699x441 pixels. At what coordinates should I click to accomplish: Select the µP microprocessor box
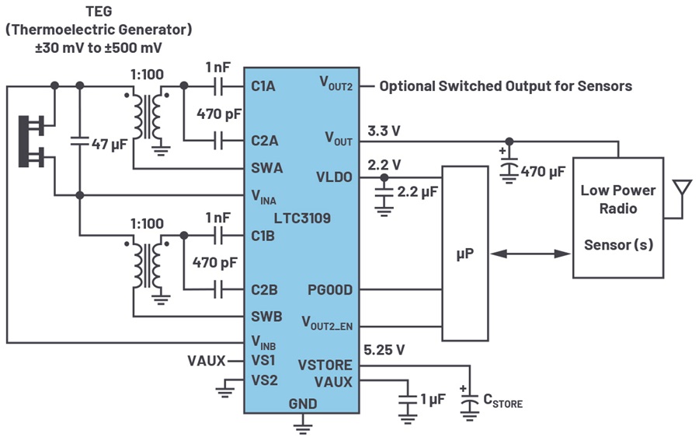point(464,253)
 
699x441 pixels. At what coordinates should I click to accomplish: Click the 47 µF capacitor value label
point(110,144)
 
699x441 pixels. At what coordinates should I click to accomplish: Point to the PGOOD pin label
point(330,290)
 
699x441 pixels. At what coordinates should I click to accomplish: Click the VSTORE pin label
point(325,366)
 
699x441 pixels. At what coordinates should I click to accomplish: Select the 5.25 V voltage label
point(384,350)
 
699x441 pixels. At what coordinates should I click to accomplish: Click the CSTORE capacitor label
point(503,401)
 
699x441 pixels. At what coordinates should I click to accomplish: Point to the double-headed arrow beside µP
point(531,253)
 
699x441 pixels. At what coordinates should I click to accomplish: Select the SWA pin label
point(267,167)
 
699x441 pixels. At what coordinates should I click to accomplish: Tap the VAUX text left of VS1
point(207,361)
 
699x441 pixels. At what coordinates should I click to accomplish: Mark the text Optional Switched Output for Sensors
point(505,86)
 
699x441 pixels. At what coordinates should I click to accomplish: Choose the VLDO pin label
point(335,177)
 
